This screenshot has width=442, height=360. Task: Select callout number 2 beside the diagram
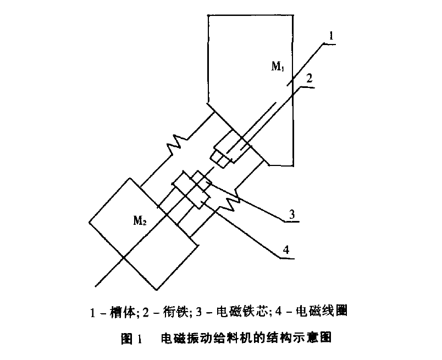[x=310, y=78]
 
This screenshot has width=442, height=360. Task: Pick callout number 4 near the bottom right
[x=286, y=250]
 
